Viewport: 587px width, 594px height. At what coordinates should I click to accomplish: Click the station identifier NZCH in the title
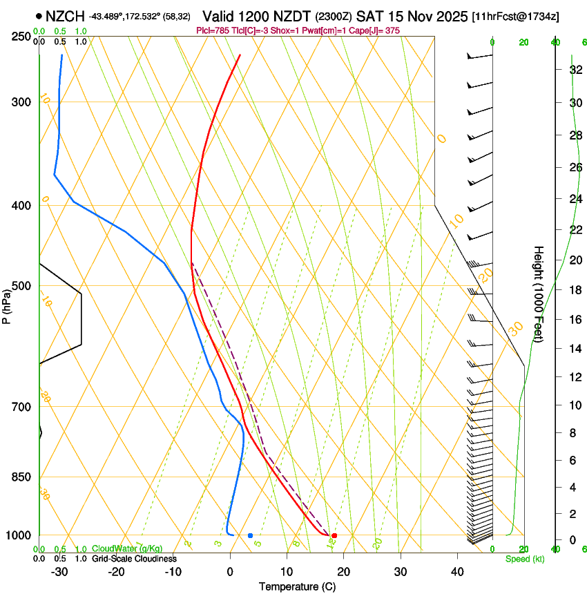point(65,15)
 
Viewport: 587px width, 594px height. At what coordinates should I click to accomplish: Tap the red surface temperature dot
point(334,535)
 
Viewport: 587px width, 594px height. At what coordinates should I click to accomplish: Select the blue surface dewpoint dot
point(251,535)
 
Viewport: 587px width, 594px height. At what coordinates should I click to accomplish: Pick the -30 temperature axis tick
point(60,571)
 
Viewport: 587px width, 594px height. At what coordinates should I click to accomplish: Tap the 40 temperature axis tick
point(457,571)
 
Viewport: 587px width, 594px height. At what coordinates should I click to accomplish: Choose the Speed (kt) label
point(525,559)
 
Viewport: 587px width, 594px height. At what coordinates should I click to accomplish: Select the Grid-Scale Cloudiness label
point(134,558)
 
